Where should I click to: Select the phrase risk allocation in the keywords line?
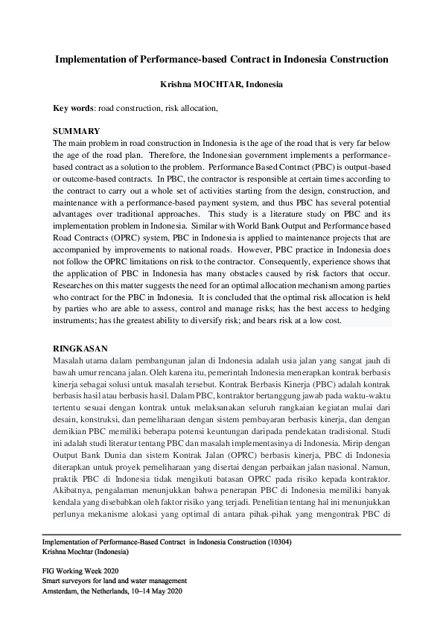(191, 109)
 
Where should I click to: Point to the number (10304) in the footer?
(277, 542)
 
